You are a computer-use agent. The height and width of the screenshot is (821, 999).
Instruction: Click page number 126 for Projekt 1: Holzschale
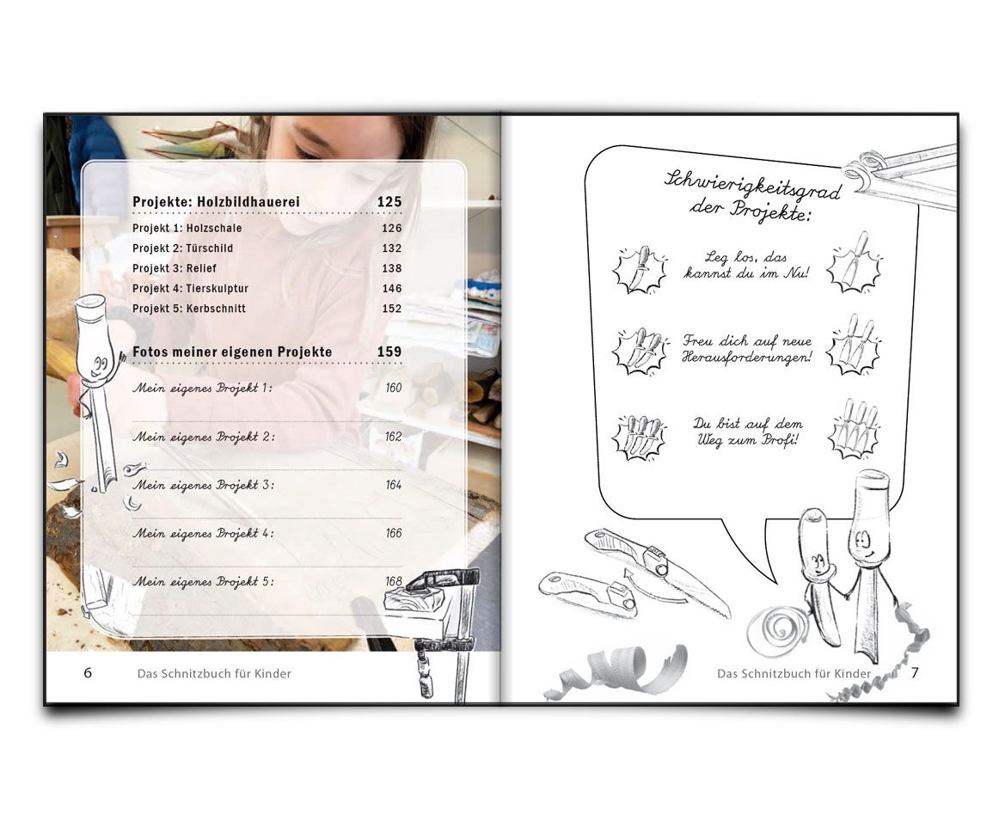(x=392, y=228)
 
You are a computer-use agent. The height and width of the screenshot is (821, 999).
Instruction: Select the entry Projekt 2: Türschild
(x=183, y=248)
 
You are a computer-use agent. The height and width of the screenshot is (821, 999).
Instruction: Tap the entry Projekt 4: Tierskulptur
(x=191, y=289)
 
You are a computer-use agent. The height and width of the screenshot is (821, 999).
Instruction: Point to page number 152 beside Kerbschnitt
(x=392, y=309)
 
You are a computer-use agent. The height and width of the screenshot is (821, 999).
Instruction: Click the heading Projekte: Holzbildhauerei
(x=216, y=202)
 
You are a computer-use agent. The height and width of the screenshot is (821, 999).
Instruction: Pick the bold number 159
(x=389, y=352)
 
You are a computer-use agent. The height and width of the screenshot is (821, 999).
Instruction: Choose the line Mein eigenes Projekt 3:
(x=203, y=486)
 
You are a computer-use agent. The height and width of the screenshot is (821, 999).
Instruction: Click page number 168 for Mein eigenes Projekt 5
(x=394, y=581)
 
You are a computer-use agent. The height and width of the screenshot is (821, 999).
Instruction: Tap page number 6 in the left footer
(x=88, y=672)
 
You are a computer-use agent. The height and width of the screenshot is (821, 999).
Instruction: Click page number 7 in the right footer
(x=915, y=672)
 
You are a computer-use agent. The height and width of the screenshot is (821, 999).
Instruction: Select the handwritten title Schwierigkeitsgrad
(x=752, y=183)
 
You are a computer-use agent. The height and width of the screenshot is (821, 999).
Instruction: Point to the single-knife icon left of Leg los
(x=640, y=269)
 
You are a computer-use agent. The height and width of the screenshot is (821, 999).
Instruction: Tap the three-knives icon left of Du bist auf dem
(x=639, y=437)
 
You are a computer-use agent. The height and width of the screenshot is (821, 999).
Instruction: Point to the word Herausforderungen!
(x=747, y=358)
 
